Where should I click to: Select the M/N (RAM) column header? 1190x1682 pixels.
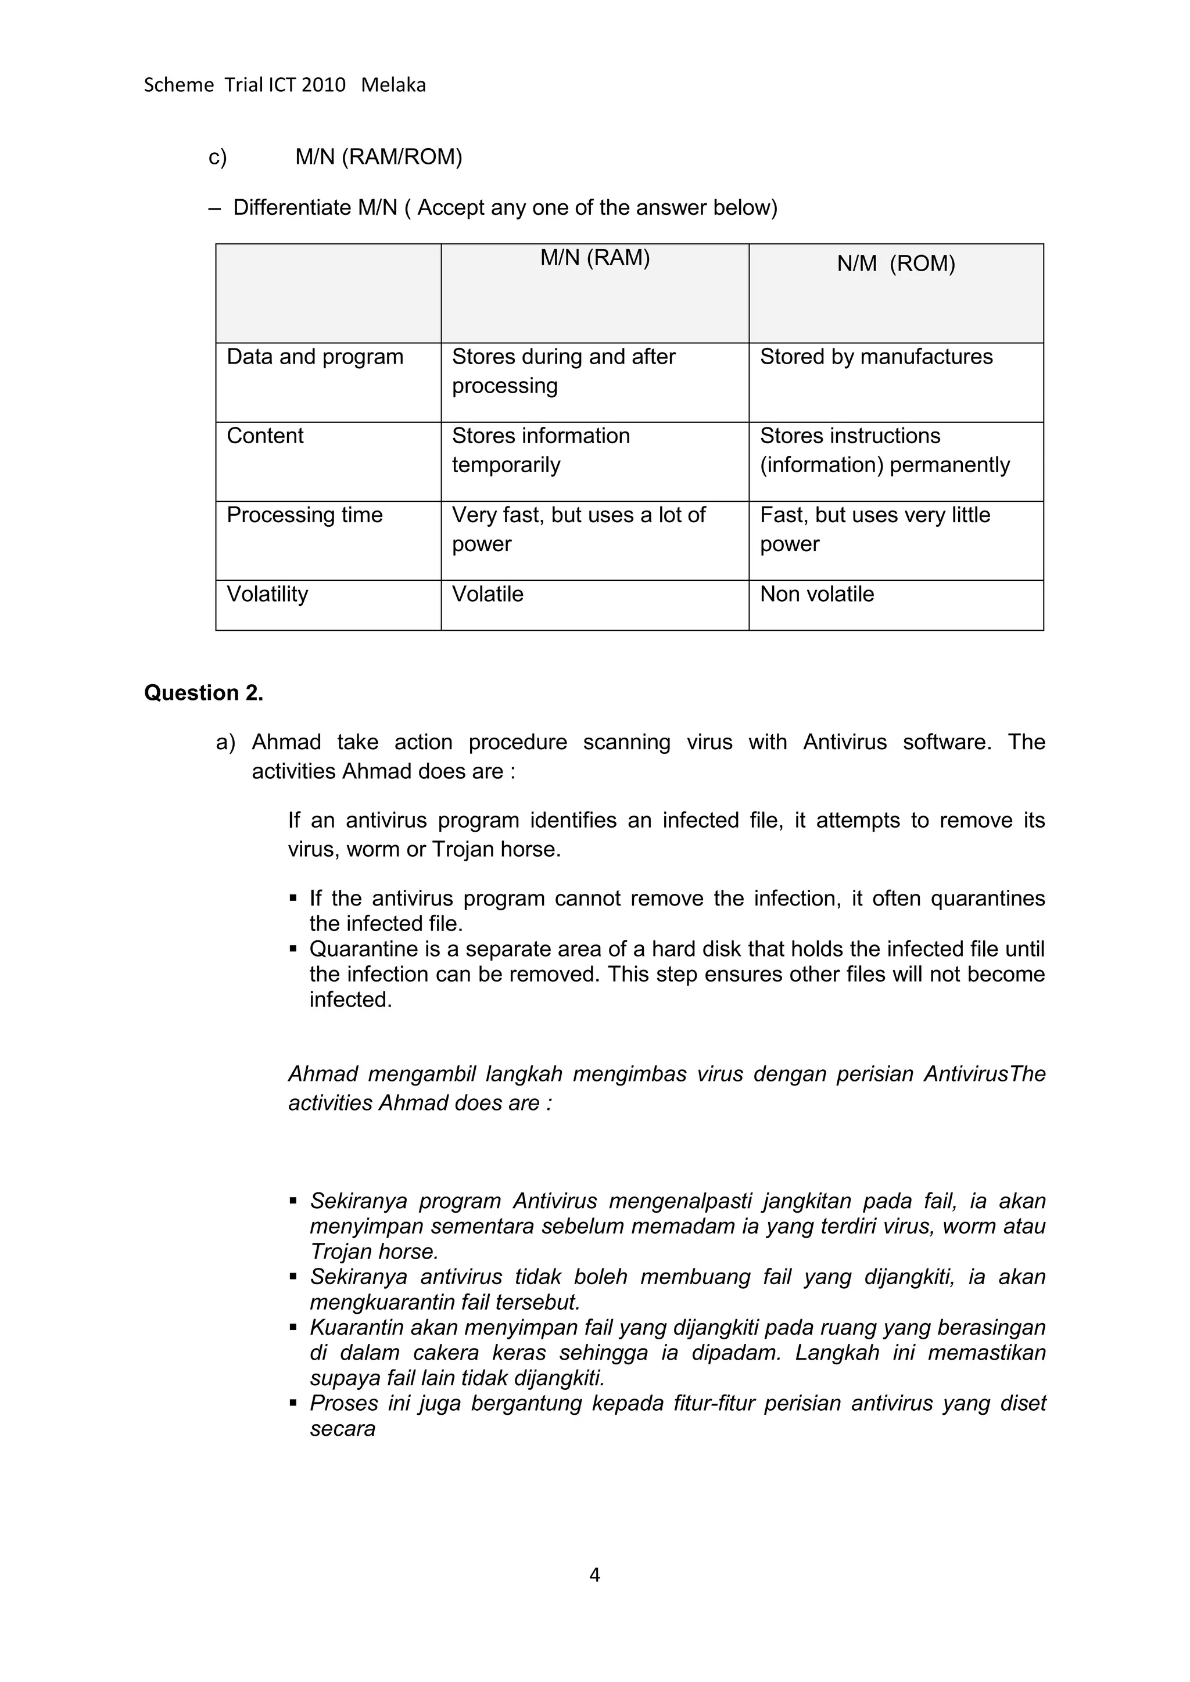pos(595,258)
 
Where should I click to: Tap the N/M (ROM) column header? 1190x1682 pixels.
pos(895,264)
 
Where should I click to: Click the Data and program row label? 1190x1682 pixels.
pos(315,357)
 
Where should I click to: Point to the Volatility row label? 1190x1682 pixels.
pos(267,594)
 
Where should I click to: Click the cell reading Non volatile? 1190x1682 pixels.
pos(816,594)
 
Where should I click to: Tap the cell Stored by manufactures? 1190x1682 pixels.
pos(876,357)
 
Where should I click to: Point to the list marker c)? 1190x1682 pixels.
pos(218,157)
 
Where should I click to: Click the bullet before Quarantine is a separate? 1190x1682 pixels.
pos(293,950)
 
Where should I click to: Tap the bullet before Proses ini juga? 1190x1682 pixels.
pos(293,1404)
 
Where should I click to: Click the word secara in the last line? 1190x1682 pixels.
pos(342,1429)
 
